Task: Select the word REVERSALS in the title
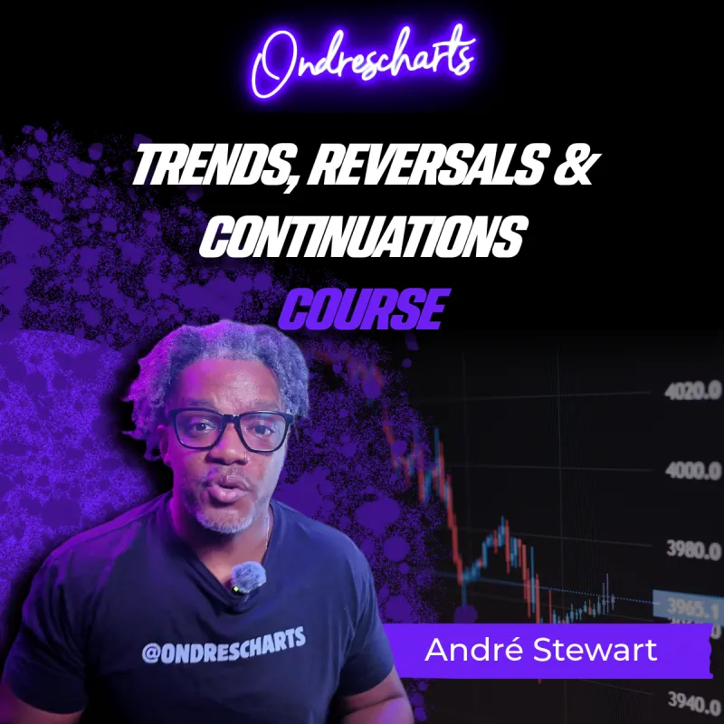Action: tap(423, 164)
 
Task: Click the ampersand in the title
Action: tap(573, 164)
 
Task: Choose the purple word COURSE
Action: tap(364, 309)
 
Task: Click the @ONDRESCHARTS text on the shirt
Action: tap(224, 645)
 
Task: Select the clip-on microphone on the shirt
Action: tap(247, 578)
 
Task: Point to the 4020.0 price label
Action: tap(692, 392)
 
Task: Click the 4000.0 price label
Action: tap(693, 471)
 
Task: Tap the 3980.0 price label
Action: tap(693, 549)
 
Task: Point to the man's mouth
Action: tap(230, 491)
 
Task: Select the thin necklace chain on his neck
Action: tap(267, 531)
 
